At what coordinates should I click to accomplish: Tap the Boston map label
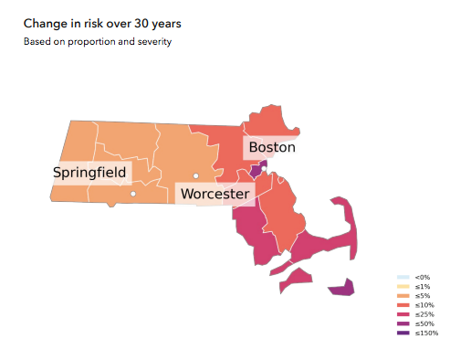tap(272, 147)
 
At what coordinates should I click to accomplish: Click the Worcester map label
tap(215, 194)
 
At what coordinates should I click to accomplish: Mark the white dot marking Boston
tap(264, 168)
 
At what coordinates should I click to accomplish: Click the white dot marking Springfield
tap(133, 194)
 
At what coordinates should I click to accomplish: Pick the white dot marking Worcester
tap(195, 175)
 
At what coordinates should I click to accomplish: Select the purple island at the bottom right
tap(340, 289)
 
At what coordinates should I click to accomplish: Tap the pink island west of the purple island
tap(297, 278)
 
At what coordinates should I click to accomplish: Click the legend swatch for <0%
tap(403, 277)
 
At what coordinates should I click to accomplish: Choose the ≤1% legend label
tap(423, 286)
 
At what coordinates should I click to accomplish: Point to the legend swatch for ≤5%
tap(403, 296)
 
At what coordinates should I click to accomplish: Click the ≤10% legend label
tap(424, 305)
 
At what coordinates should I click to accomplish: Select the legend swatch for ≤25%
tap(403, 314)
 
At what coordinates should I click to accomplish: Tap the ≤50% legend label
tap(424, 323)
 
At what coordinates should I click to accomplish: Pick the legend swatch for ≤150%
tap(403, 333)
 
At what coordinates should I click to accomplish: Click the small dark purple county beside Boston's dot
tap(256, 171)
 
